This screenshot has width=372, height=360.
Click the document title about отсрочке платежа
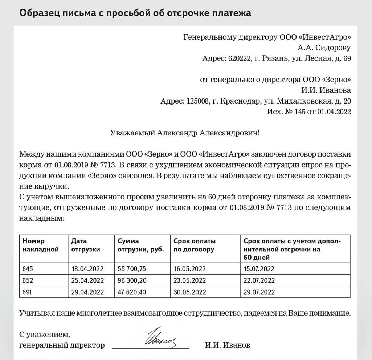point(135,13)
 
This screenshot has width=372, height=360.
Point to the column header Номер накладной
point(41,245)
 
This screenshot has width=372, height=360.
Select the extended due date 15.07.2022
point(259,269)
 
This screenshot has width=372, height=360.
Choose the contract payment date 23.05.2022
point(189,280)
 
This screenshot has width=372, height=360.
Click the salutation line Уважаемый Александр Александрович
point(185,133)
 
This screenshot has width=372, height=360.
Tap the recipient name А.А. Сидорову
point(324,48)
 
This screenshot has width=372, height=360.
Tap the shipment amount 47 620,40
point(132,292)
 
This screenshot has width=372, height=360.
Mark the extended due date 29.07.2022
point(259,292)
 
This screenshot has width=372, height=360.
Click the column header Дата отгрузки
point(86,245)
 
